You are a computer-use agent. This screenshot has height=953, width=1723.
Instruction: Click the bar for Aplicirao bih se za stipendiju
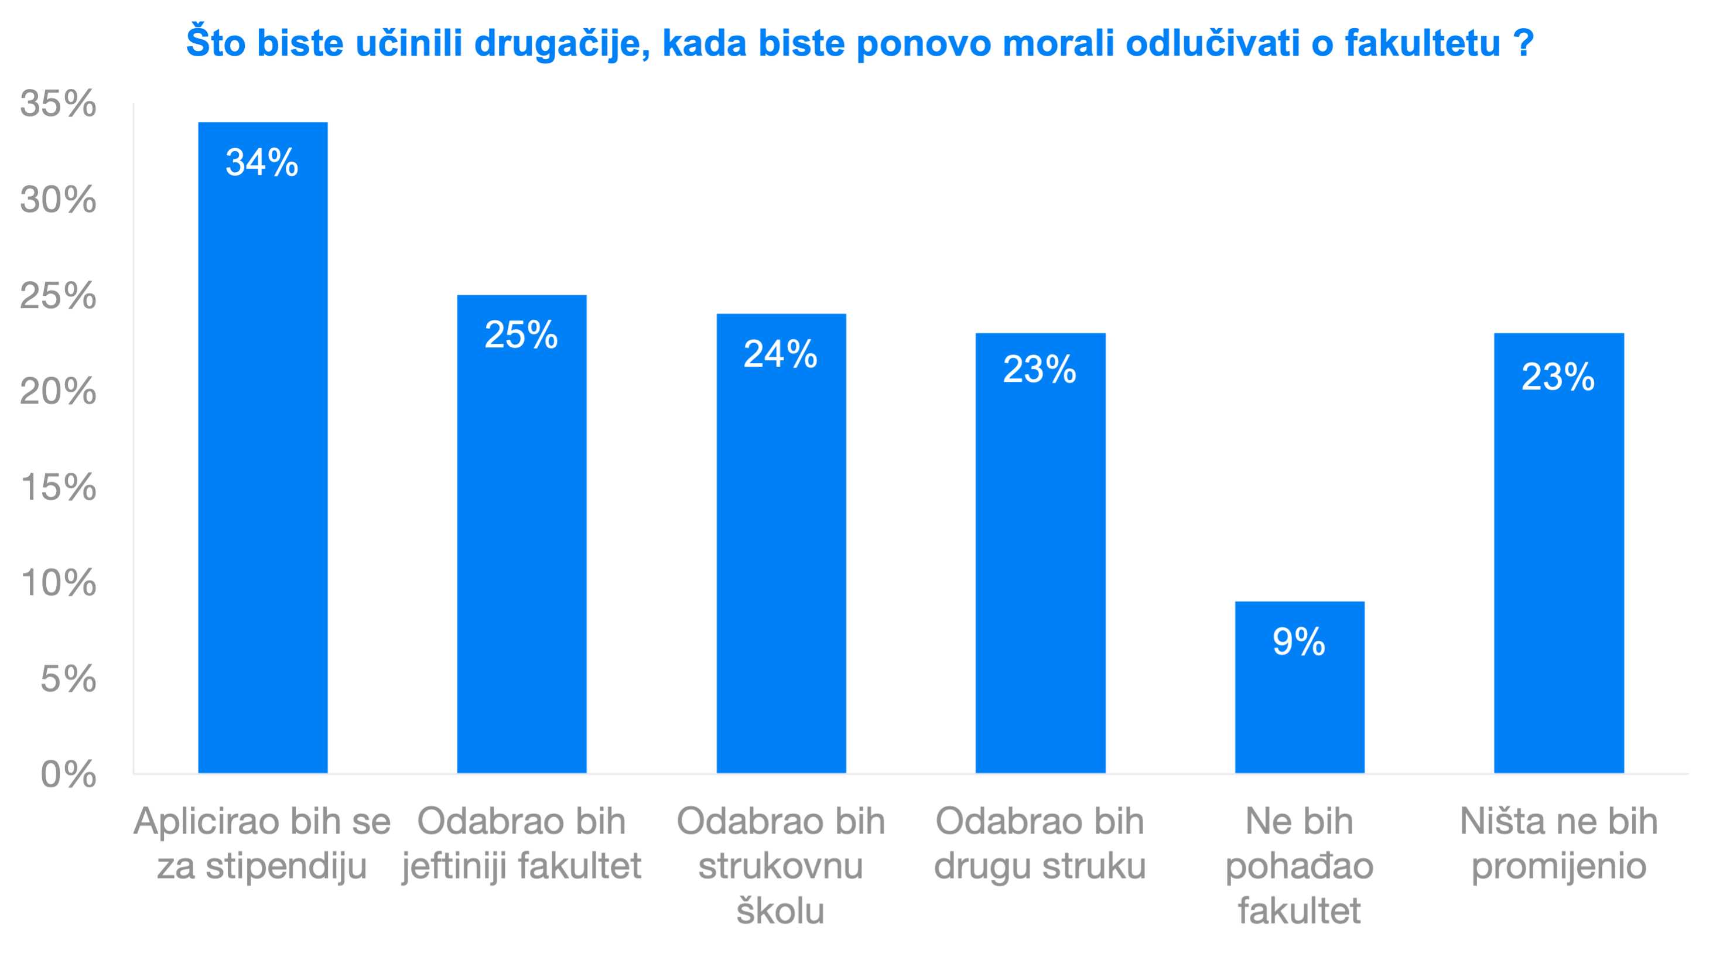(263, 468)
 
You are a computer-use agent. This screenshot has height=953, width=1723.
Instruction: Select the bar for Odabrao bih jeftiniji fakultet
(522, 548)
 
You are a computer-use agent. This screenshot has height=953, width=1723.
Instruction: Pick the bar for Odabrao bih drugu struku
(1040, 568)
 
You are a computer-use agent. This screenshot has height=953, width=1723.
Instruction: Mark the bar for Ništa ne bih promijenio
(1559, 568)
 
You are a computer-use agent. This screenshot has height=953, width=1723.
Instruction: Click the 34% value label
(262, 162)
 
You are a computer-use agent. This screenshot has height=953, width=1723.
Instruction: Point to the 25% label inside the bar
(521, 334)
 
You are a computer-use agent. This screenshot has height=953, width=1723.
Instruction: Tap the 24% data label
(781, 354)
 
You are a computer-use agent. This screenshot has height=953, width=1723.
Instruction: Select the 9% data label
(1299, 642)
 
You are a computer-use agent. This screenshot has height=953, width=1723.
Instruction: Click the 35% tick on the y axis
(58, 104)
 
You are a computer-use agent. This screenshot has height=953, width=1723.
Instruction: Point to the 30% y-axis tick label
(58, 199)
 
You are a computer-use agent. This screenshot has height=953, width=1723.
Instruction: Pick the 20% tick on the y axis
(58, 391)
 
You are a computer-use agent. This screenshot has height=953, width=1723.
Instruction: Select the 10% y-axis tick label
(58, 583)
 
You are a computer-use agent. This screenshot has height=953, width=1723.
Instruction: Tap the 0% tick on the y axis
(68, 774)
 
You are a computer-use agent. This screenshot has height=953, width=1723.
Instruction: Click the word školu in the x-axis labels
(781, 911)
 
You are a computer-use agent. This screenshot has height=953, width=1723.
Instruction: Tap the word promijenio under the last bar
(1558, 867)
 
